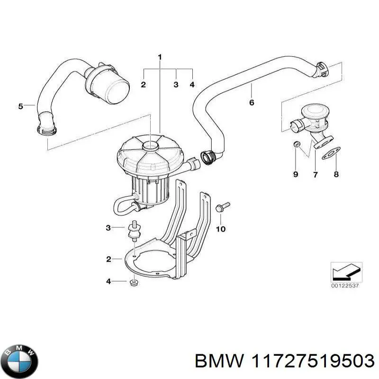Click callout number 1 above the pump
(160, 57)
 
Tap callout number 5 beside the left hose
(20, 106)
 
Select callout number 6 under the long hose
(252, 102)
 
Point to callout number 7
(315, 175)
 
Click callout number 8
(336, 175)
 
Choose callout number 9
(296, 175)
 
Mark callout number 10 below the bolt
(221, 230)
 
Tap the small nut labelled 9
(297, 144)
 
